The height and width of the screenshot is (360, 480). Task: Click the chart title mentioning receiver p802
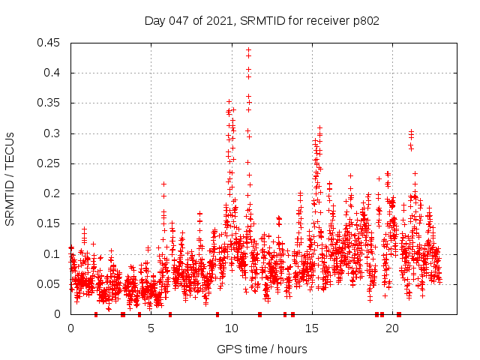pyautogui.click(x=262, y=20)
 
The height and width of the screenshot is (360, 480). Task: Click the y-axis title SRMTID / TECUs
pyautogui.click(x=10, y=178)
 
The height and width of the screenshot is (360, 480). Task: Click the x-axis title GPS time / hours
pyautogui.click(x=262, y=349)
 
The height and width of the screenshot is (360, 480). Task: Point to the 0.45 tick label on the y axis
pyautogui.click(x=50, y=43)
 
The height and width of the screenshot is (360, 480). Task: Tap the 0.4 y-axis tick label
pyautogui.click(x=53, y=73)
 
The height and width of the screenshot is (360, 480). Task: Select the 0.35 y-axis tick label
pyautogui.click(x=50, y=103)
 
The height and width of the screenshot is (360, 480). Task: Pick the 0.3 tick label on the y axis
pyautogui.click(x=53, y=133)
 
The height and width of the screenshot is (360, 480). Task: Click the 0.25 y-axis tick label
pyautogui.click(x=50, y=163)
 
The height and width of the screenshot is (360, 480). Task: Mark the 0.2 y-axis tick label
pyautogui.click(x=53, y=193)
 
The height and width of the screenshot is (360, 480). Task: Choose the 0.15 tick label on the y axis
pyautogui.click(x=50, y=223)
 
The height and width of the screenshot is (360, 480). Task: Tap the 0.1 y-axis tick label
pyautogui.click(x=53, y=253)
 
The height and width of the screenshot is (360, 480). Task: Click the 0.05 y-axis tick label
pyautogui.click(x=50, y=284)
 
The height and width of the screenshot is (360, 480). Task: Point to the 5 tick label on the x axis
pyautogui.click(x=151, y=328)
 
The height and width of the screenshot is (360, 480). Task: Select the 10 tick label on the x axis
pyautogui.click(x=231, y=328)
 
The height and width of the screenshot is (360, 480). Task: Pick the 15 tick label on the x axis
pyautogui.click(x=311, y=328)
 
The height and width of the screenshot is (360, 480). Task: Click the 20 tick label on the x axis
pyautogui.click(x=391, y=328)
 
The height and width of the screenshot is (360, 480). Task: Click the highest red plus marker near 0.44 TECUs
pyautogui.click(x=248, y=50)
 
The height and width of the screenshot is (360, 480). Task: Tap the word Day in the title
pyautogui.click(x=154, y=20)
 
